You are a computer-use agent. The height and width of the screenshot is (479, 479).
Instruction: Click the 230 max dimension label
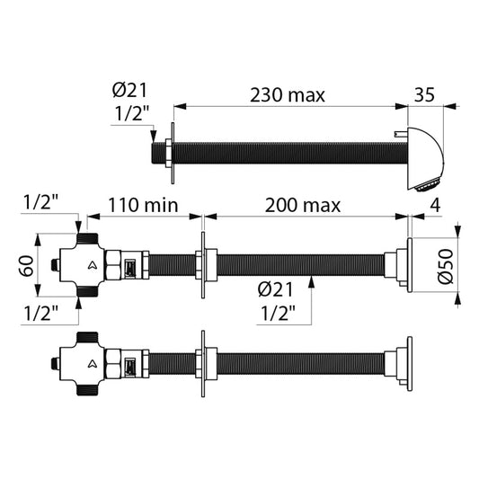288,95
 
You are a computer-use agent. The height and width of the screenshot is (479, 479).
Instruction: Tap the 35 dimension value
424,94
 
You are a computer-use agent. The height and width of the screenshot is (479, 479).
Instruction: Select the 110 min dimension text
143,205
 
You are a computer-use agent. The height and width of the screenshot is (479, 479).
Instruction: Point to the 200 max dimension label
303,206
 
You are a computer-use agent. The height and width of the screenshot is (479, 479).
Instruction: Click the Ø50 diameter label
446,266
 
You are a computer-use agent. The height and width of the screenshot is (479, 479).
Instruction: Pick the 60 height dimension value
27,266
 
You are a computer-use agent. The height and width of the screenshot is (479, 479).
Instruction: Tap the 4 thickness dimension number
435,205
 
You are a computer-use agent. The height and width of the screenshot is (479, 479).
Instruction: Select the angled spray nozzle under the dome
429,186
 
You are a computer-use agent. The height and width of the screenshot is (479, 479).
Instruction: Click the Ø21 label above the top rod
129,90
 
